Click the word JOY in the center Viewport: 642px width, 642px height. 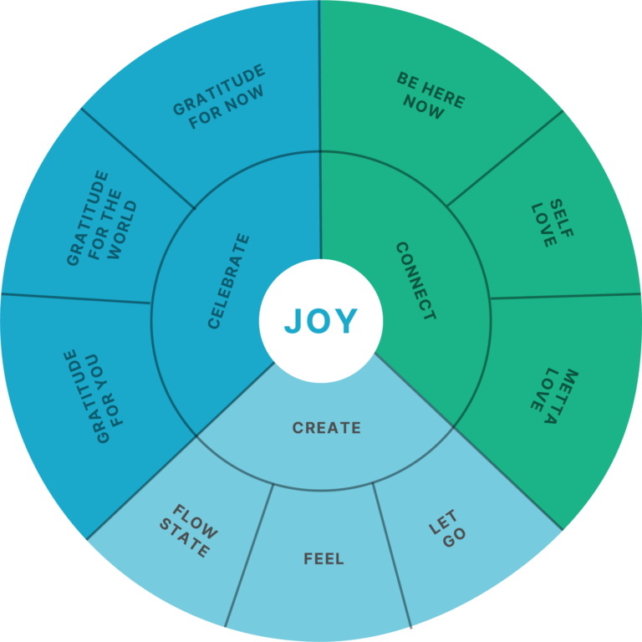321,321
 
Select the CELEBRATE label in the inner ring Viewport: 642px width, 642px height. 228,281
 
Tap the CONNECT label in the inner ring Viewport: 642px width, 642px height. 416,281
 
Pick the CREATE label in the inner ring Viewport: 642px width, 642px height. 326,428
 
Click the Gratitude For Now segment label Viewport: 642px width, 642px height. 219,96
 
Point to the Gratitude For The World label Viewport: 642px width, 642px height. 101,218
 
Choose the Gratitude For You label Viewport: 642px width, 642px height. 93,396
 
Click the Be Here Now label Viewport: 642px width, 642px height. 431,95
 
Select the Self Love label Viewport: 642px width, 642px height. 553,223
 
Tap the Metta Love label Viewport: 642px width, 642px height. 554,395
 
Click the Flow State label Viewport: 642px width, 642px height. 189,530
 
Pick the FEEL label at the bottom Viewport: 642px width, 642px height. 324,559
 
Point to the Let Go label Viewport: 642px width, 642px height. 447,528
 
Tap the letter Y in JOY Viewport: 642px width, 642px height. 347,321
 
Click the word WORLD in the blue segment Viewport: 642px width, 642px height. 122,230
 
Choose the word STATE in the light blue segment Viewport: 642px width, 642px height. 184,538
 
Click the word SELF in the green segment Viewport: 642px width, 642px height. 562,218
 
